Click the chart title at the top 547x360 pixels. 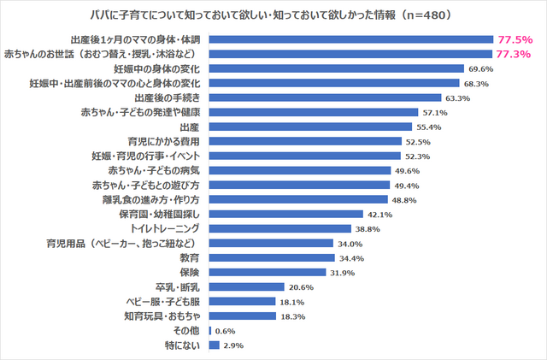click(273, 15)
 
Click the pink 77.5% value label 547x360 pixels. click(515, 39)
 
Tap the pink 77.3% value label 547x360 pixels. click(515, 54)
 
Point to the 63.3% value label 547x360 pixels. click(458, 97)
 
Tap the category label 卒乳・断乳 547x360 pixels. click(177, 287)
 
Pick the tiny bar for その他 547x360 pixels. click(209, 331)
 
